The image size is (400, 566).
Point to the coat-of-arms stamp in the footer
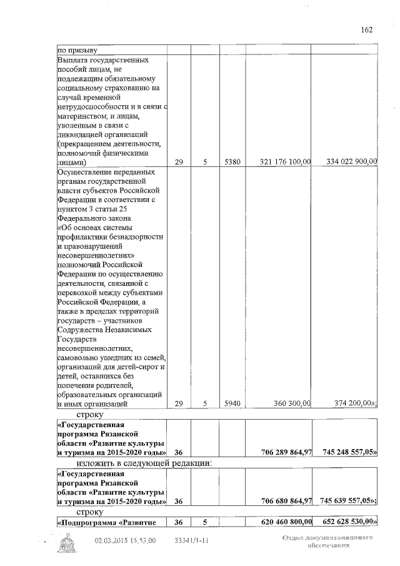tap(65, 545)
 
